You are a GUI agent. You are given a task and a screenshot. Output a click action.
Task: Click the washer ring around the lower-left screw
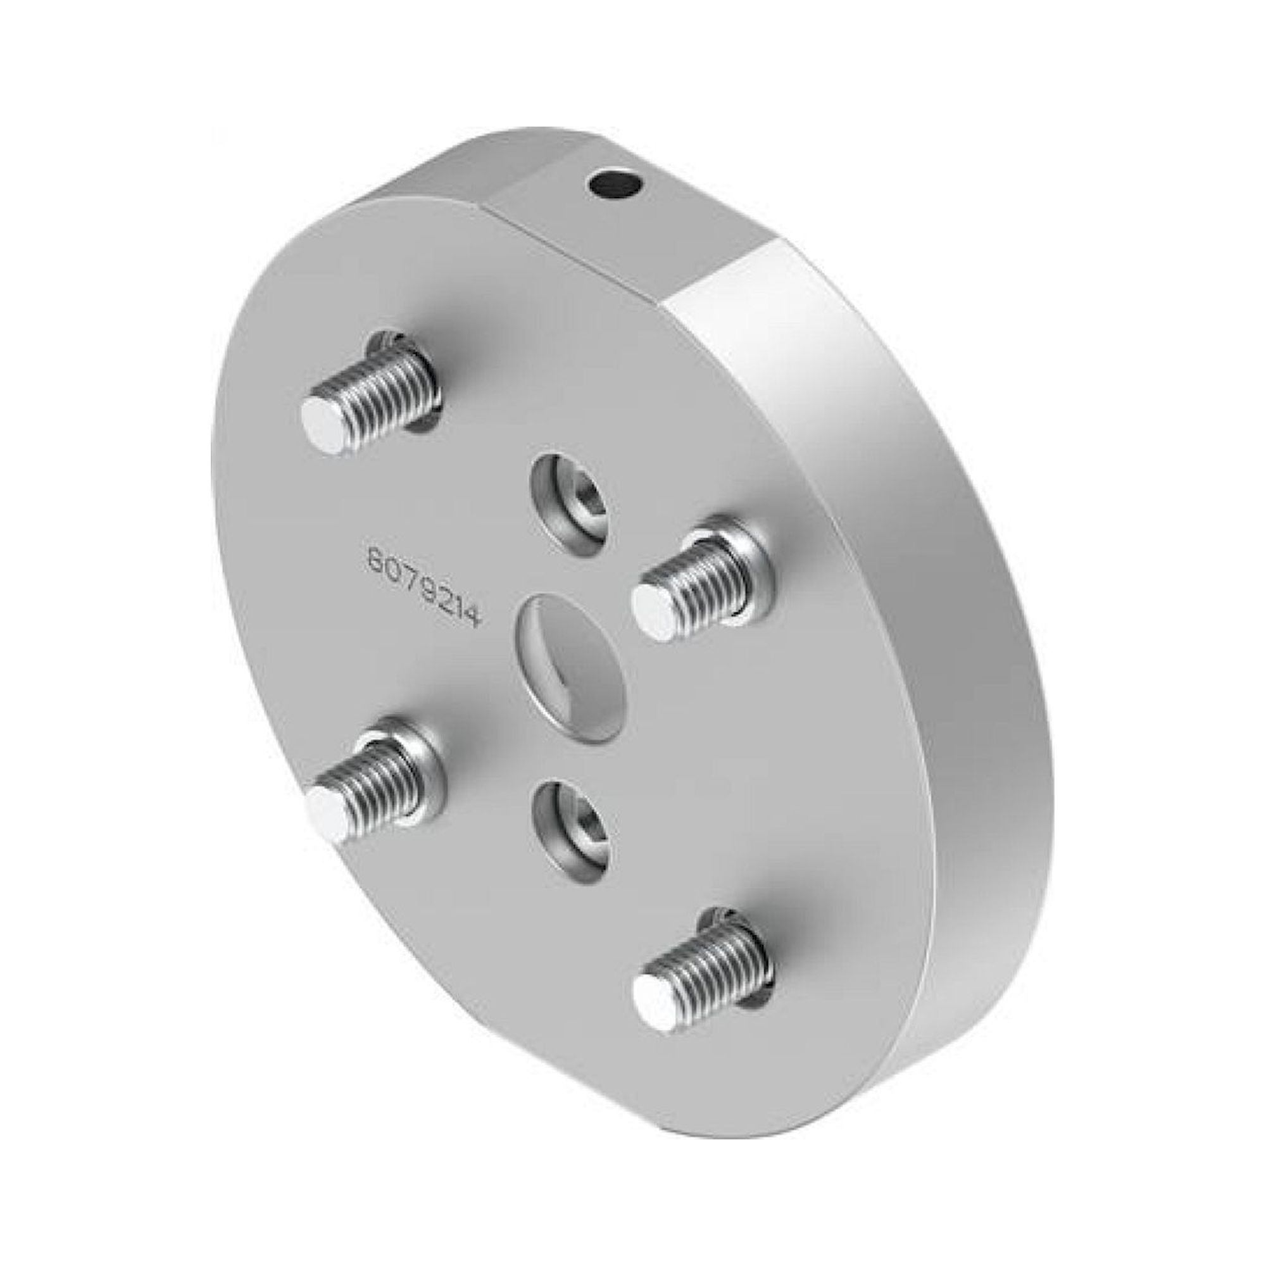(420, 753)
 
